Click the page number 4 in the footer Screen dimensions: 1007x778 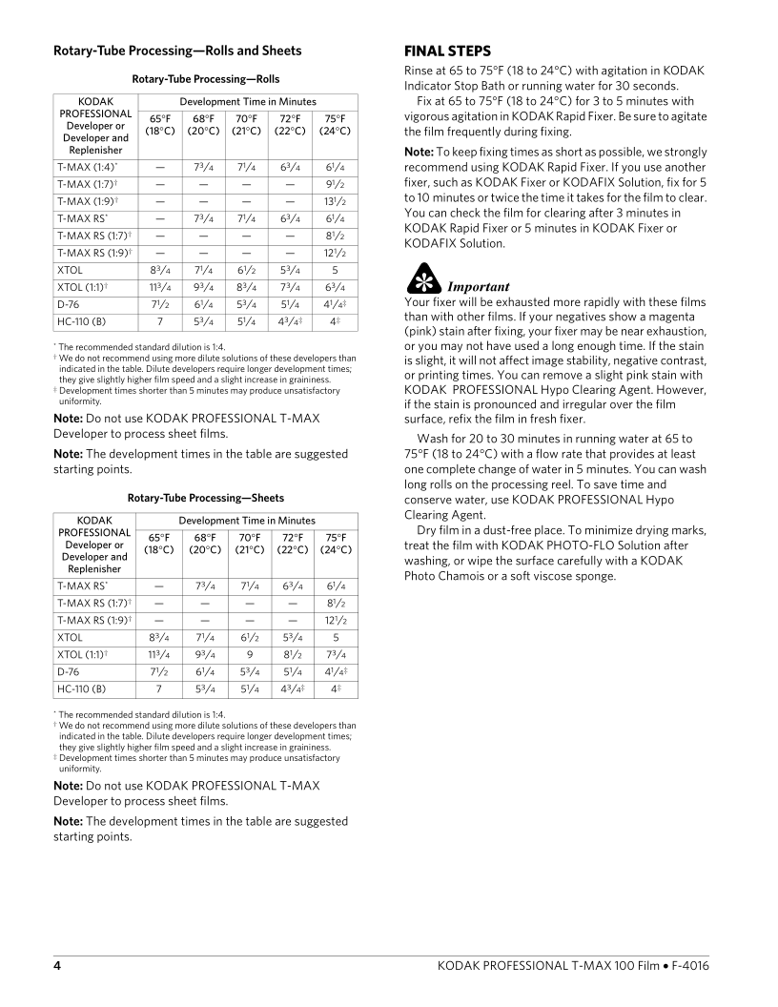tap(57, 966)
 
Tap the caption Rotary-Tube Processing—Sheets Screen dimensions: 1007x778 tap(206, 498)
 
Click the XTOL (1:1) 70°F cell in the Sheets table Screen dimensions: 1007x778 tap(247, 652)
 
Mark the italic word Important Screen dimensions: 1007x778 tap(479, 286)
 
